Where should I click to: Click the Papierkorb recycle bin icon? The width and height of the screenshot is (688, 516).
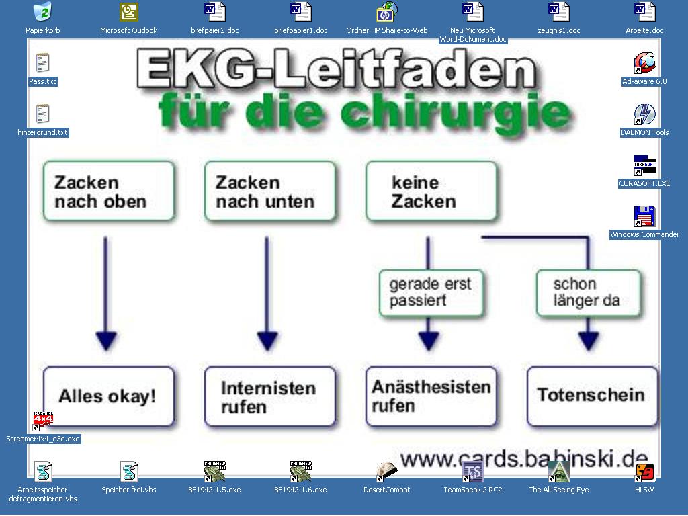(x=42, y=11)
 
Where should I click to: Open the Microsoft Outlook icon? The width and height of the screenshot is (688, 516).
(x=128, y=12)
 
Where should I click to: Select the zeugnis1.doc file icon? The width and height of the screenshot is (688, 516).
(x=558, y=12)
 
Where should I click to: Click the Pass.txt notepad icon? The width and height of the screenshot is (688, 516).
(x=42, y=63)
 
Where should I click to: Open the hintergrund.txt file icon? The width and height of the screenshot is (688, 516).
(x=42, y=114)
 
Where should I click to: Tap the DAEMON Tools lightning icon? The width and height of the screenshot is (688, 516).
(x=644, y=114)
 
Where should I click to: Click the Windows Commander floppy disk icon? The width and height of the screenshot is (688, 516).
(x=644, y=216)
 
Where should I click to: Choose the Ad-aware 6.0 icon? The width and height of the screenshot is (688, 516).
(x=644, y=63)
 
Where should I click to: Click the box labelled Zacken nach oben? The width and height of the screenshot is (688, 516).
(x=109, y=191)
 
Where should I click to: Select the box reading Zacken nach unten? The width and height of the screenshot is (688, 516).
(x=270, y=191)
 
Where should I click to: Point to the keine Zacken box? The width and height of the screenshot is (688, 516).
(x=431, y=191)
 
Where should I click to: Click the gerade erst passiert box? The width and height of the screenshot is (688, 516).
(x=431, y=293)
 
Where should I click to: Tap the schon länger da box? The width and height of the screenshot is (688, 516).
(x=589, y=293)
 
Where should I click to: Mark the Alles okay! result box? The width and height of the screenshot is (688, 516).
(x=109, y=396)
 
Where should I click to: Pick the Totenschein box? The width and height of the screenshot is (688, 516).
(x=593, y=396)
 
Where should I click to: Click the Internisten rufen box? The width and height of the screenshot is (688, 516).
(x=270, y=396)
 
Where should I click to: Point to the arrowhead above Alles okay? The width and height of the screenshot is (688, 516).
(x=106, y=341)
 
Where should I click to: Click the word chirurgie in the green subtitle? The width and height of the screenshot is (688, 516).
(x=456, y=113)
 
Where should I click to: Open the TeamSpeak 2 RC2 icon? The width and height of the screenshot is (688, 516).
(x=472, y=472)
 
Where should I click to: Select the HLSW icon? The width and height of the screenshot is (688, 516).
(x=644, y=472)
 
